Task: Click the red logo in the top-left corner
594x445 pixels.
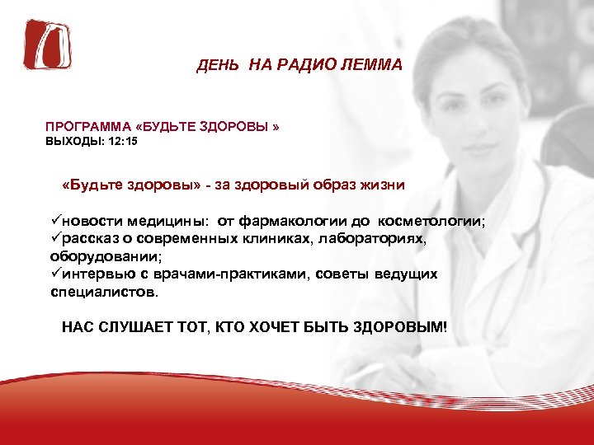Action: [47, 44]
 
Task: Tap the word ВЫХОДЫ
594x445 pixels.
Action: [75, 142]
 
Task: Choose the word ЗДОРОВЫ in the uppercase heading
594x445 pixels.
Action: [239, 129]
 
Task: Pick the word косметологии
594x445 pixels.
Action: [431, 221]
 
